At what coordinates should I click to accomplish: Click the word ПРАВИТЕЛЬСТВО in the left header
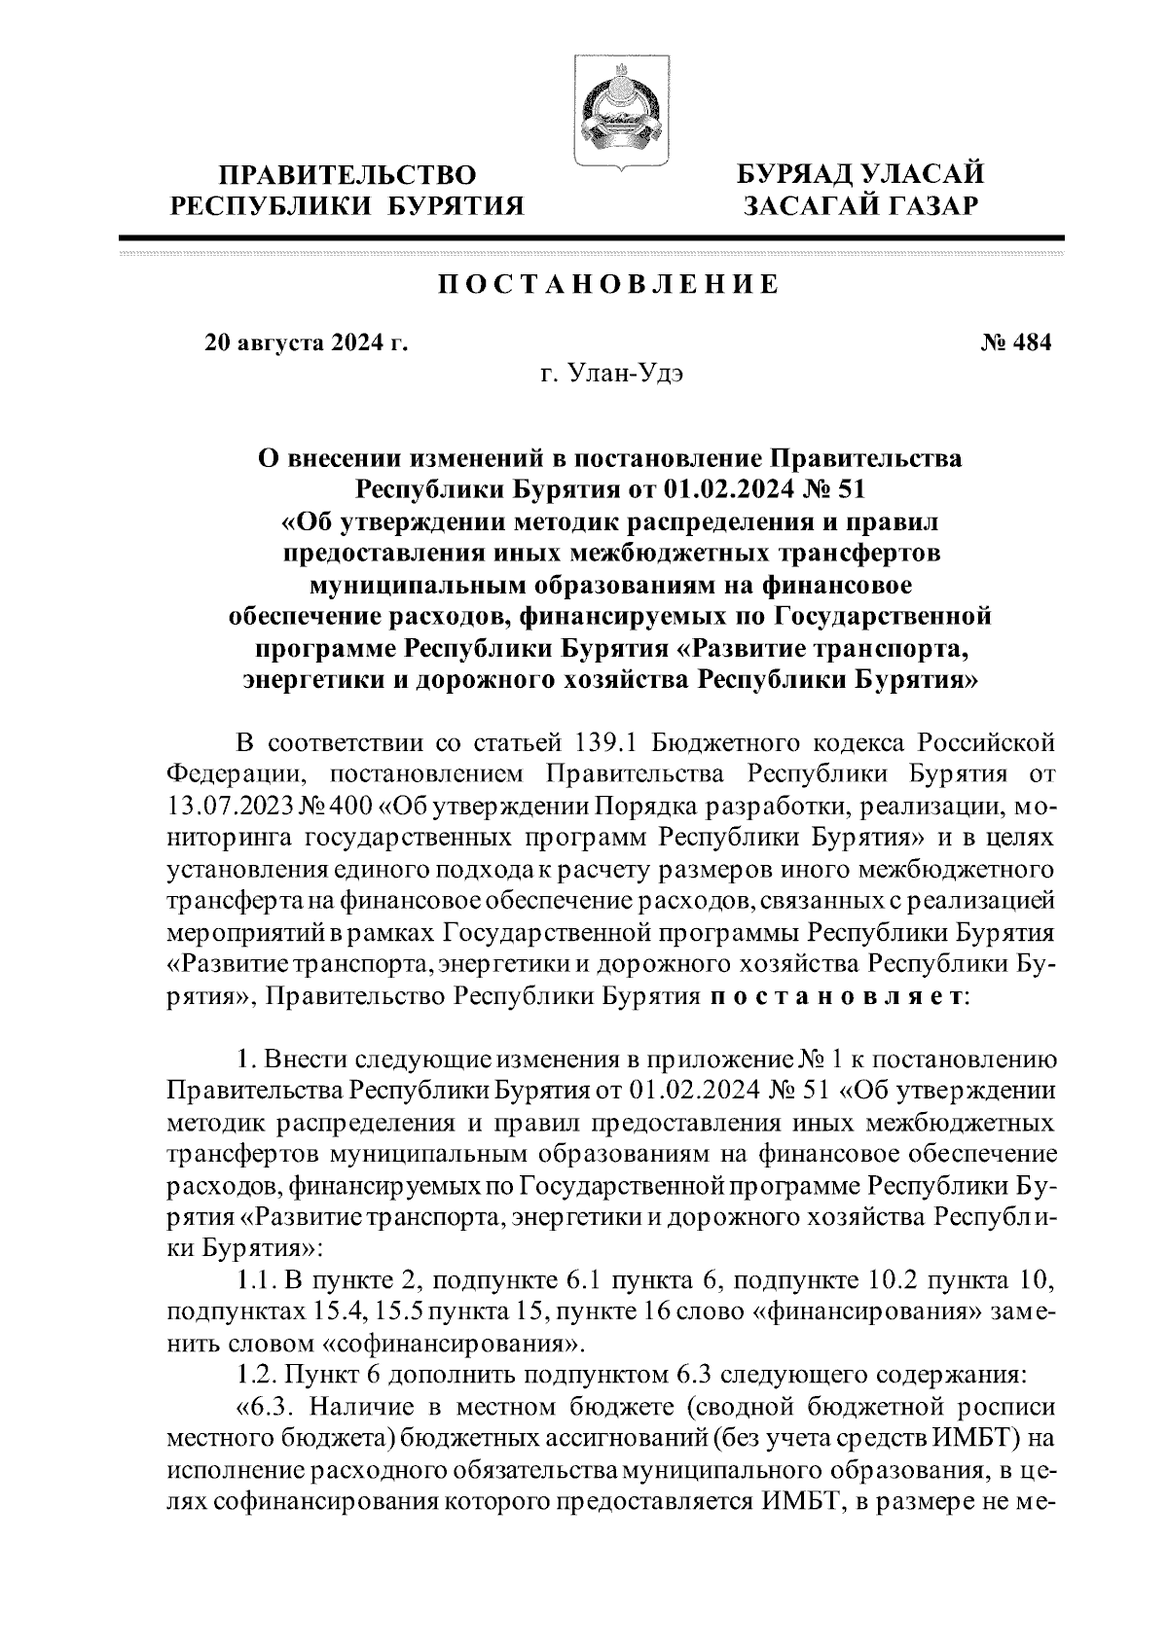(x=348, y=175)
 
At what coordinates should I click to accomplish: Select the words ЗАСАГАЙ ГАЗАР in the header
(x=859, y=206)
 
